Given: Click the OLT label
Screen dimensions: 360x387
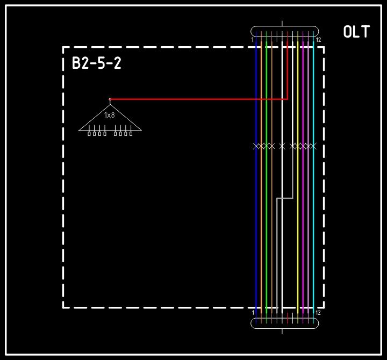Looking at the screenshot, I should click(x=356, y=32).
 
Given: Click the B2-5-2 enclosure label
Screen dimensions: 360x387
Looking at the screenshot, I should click(x=97, y=64).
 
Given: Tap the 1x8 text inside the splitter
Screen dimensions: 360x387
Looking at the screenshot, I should click(x=110, y=115).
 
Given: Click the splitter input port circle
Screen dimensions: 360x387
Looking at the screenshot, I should click(x=110, y=99).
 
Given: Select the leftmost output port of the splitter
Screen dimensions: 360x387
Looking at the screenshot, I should click(x=89, y=133).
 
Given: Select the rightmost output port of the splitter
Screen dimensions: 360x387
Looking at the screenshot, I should click(x=131, y=133).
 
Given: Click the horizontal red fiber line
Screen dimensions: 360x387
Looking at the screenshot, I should click(x=199, y=99).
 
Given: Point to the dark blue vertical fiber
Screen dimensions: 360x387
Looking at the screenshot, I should click(x=256, y=226).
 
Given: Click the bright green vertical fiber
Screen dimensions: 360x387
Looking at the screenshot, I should click(x=267, y=226).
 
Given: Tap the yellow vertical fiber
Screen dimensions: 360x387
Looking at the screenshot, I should click(x=298, y=226).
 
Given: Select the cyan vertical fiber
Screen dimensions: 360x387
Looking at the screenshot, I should click(x=313, y=226).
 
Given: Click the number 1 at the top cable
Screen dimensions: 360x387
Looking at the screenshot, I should click(x=252, y=40).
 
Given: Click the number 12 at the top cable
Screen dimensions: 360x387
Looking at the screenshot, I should click(x=318, y=40).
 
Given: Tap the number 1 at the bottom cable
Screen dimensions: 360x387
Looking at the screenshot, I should click(x=252, y=312).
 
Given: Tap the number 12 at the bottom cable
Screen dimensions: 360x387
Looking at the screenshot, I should click(x=318, y=312).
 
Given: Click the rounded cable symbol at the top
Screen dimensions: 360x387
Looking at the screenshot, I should click(x=285, y=31).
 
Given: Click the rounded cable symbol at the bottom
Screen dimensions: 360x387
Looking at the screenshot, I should click(x=285, y=323).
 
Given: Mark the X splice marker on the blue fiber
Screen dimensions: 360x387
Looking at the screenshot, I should click(x=256, y=146).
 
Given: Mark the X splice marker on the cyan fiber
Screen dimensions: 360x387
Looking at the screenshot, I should click(x=313, y=146).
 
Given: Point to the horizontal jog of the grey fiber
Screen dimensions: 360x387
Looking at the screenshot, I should click(x=285, y=198).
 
